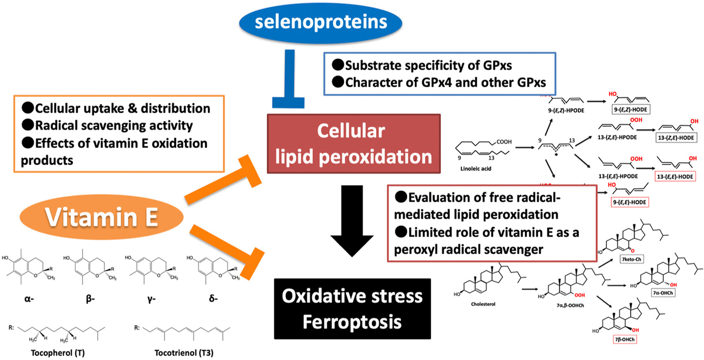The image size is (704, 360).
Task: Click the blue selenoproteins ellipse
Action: click(321, 22)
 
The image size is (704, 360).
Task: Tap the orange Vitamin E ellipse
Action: click(101, 217)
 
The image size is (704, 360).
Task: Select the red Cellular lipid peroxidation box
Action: click(353, 144)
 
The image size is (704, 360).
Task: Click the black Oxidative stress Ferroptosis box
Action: click(352, 309)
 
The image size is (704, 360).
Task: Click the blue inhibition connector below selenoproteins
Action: click(289, 81)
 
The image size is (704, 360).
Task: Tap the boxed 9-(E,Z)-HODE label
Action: click(631, 109)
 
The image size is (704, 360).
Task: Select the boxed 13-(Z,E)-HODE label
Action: click(676, 138)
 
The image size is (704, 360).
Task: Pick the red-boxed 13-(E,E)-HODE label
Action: click(675, 177)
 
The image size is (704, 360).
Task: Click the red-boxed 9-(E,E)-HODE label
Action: click(630, 202)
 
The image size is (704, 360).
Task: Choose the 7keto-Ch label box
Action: click(632, 259)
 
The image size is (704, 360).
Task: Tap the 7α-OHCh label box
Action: click(663, 293)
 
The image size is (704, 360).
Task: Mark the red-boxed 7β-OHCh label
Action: click(625, 339)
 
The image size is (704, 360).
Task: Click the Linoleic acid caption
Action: click(476, 169)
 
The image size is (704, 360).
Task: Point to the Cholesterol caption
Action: click(483, 304)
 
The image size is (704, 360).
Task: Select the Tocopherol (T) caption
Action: click(58, 353)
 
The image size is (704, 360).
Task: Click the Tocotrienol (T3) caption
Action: click(184, 353)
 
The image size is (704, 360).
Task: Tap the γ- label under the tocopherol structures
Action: click(151, 299)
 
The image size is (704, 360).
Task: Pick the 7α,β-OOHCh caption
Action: click(570, 305)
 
